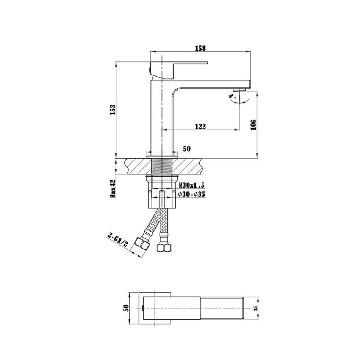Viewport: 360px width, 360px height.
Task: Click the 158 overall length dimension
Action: pos(200,48)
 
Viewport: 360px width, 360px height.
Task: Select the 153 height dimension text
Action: pos(113,110)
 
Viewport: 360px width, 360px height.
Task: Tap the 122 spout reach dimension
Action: pos(200,126)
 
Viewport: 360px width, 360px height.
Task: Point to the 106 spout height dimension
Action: pos(254,125)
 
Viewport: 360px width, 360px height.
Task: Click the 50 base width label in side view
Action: pos(187,149)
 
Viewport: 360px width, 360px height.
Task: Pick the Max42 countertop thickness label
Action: pos(113,189)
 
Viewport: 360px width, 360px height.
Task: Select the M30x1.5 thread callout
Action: pos(191,185)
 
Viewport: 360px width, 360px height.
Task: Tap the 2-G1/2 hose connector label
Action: pos(117,240)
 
